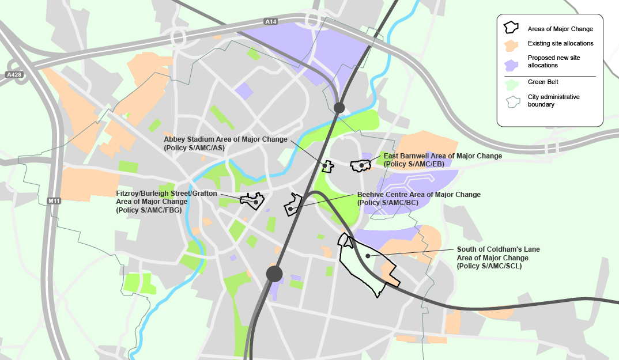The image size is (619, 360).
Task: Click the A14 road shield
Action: click(x=271, y=22)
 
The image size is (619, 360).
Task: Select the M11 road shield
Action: click(x=55, y=200)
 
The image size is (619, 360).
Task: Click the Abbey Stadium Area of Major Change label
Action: click(x=225, y=143)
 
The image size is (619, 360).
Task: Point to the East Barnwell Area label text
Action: click(x=443, y=160)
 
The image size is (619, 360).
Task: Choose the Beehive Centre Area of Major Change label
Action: click(x=418, y=199)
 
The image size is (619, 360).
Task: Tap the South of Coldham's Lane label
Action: click(x=498, y=257)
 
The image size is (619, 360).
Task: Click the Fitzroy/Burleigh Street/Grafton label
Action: click(x=167, y=202)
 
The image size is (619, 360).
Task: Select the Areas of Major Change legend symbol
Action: click(x=511, y=28)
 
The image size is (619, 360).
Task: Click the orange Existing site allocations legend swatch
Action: click(x=511, y=44)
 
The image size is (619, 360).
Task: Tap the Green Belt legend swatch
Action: click(x=511, y=82)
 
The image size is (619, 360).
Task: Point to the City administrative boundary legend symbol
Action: click(x=511, y=101)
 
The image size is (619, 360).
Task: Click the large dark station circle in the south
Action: click(x=274, y=274)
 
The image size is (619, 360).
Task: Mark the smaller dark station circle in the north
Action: click(x=339, y=107)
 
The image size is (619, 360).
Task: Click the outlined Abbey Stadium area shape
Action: click(x=327, y=166)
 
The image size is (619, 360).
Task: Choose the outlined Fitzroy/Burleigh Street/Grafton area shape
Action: click(x=253, y=200)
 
